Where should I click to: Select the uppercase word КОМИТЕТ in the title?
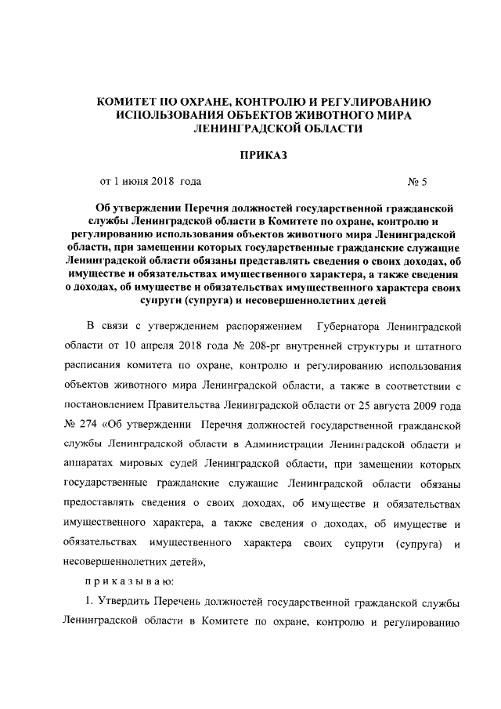(129, 102)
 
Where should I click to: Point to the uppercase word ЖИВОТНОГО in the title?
(326, 115)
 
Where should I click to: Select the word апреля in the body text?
(178, 345)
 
